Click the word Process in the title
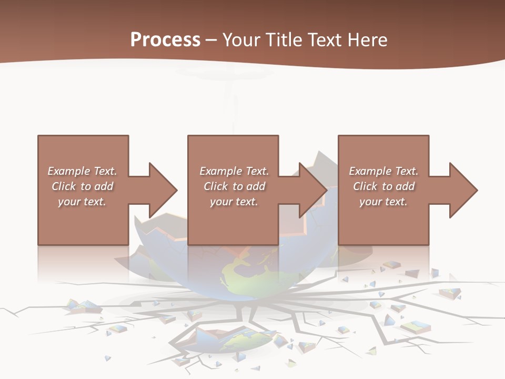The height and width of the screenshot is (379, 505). [x=165, y=40]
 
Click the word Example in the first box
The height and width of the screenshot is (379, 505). [x=69, y=171]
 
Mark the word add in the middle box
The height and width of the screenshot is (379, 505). [x=256, y=186]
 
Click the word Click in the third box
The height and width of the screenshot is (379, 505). [x=366, y=186]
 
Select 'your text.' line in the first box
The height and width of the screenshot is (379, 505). [x=82, y=202]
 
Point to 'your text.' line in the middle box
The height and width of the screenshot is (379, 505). [x=234, y=202]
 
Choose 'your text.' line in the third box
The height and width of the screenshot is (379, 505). [x=383, y=202]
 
